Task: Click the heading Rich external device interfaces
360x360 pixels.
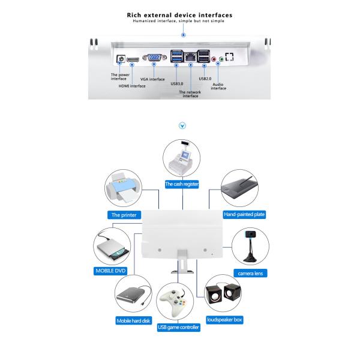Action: (x=180, y=15)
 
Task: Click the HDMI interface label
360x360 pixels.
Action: (x=133, y=85)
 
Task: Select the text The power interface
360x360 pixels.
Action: (x=119, y=76)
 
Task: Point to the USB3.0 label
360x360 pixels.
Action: (x=177, y=83)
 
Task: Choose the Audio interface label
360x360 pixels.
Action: (x=218, y=86)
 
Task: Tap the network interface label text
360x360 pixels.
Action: (x=191, y=94)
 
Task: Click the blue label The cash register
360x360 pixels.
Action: (x=182, y=185)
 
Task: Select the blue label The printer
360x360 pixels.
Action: (x=124, y=214)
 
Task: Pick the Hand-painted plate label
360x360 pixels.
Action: (x=244, y=214)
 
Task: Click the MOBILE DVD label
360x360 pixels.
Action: (x=112, y=271)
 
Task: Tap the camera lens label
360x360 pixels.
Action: (x=252, y=273)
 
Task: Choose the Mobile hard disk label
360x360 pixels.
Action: (x=133, y=321)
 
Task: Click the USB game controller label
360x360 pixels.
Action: (x=178, y=328)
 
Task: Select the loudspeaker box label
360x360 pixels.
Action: (x=224, y=320)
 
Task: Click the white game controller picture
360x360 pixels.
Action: (x=178, y=304)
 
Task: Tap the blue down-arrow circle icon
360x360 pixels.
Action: (x=182, y=127)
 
